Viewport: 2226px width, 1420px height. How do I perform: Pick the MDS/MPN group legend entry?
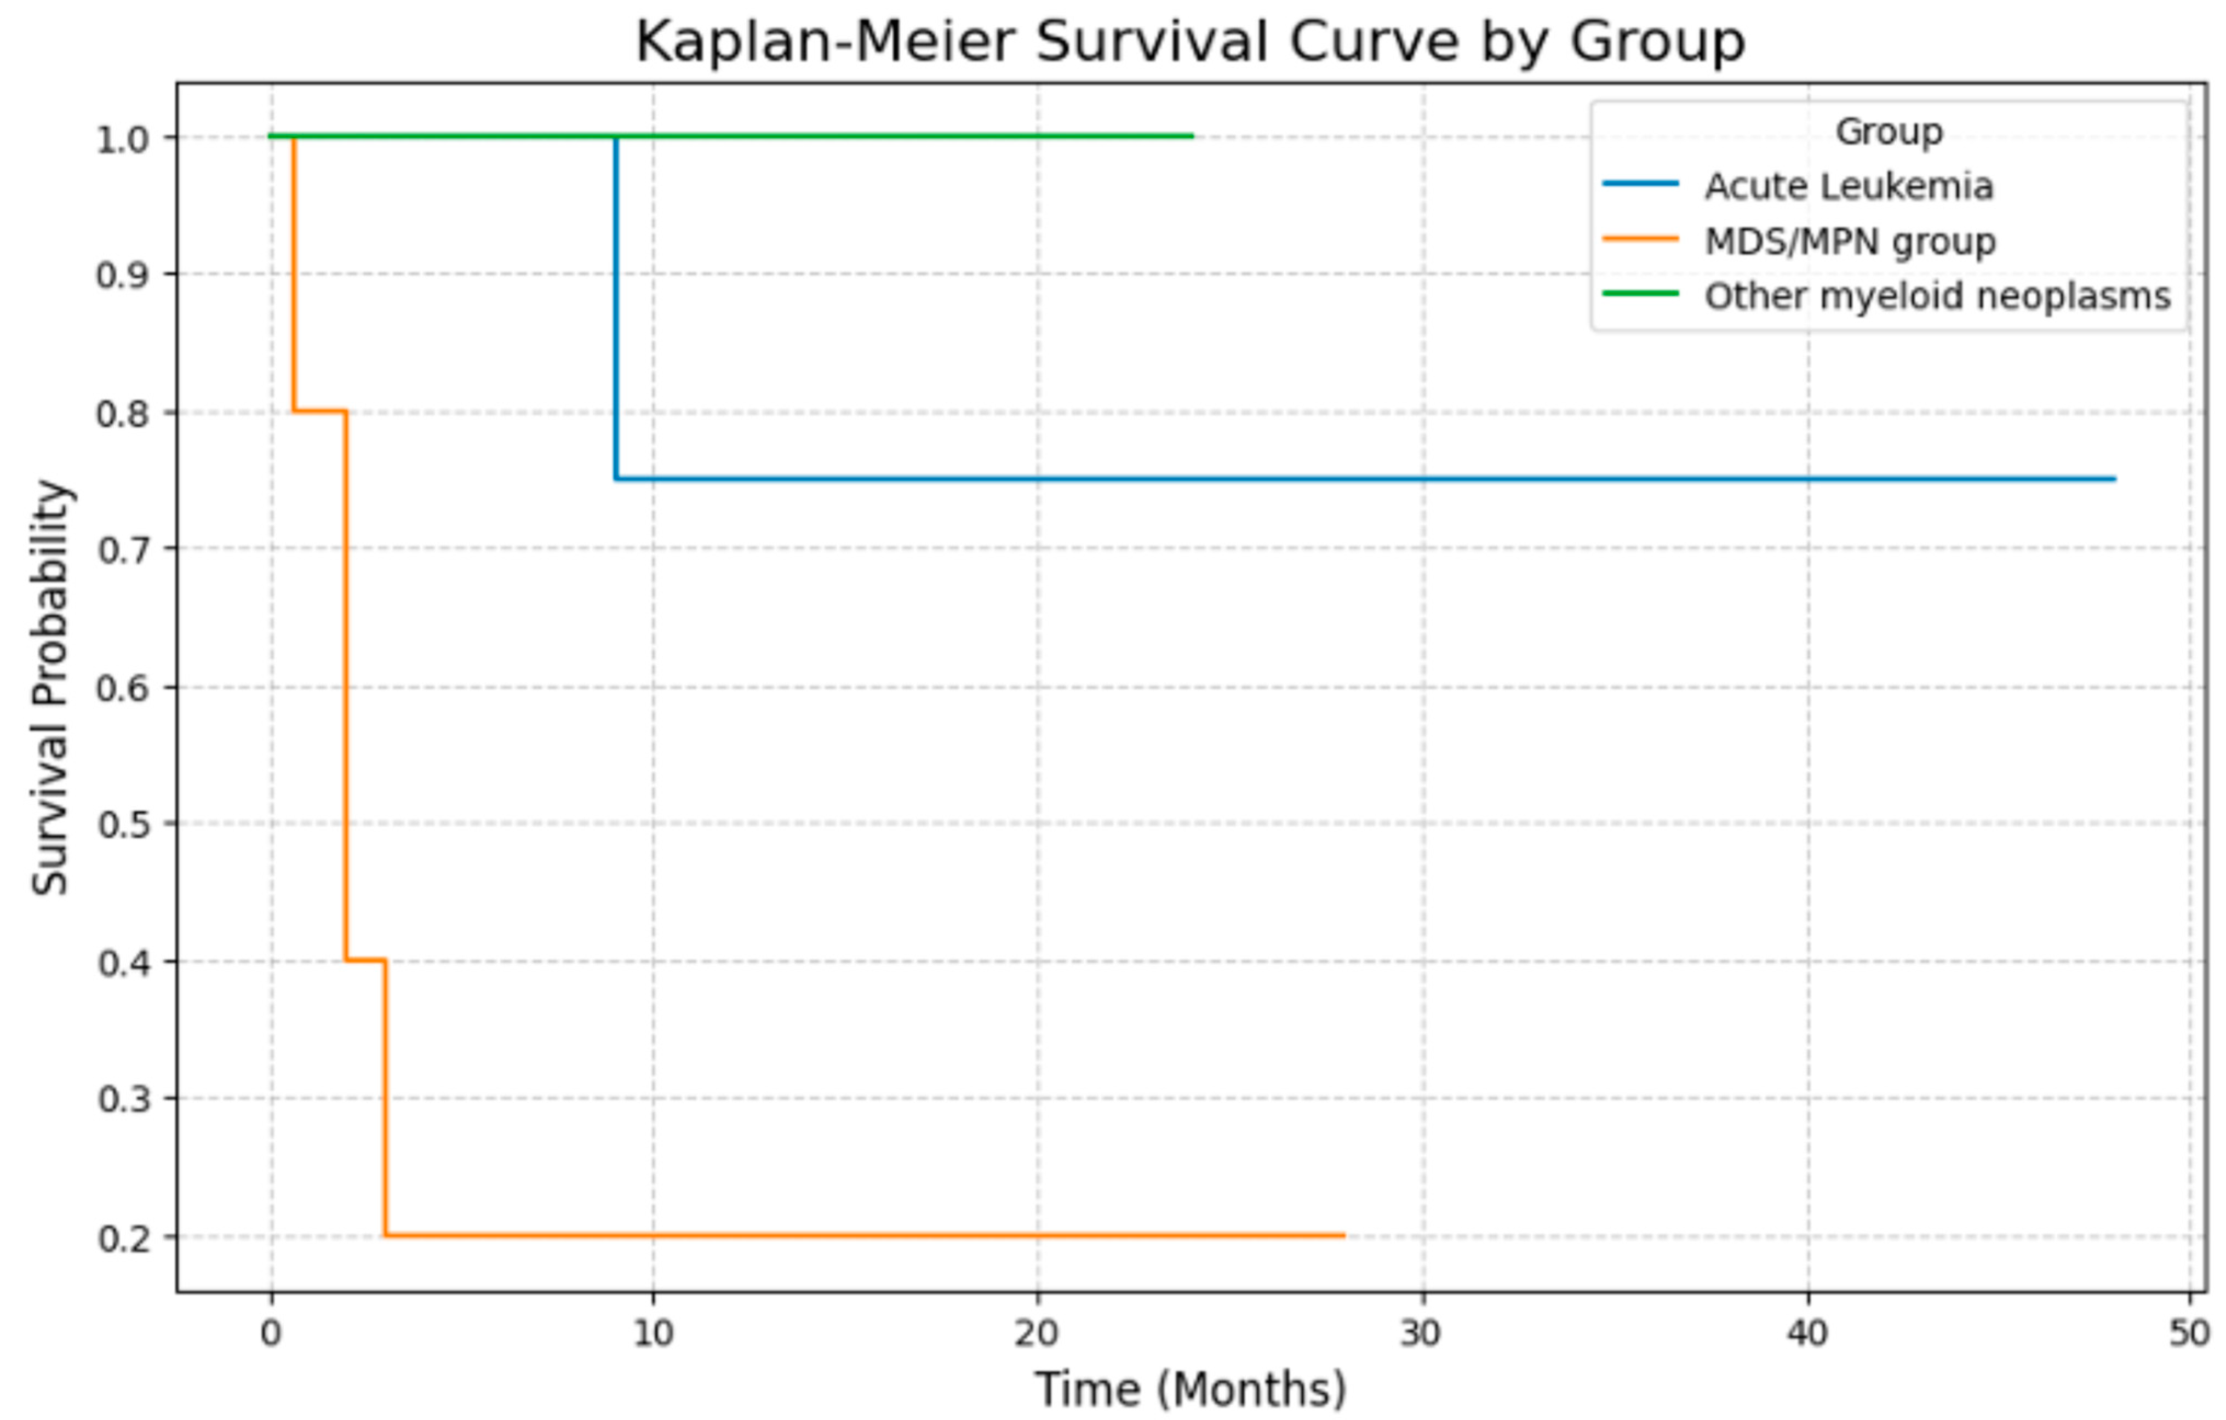[x=1850, y=241]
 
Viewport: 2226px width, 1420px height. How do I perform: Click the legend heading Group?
[x=1889, y=131]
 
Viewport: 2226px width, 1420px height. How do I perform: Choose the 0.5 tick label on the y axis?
[x=123, y=824]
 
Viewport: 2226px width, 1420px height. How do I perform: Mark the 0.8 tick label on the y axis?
[x=123, y=413]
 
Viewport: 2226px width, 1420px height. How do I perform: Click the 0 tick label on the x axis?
[x=270, y=1333]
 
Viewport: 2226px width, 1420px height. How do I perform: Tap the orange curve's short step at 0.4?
[x=365, y=960]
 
